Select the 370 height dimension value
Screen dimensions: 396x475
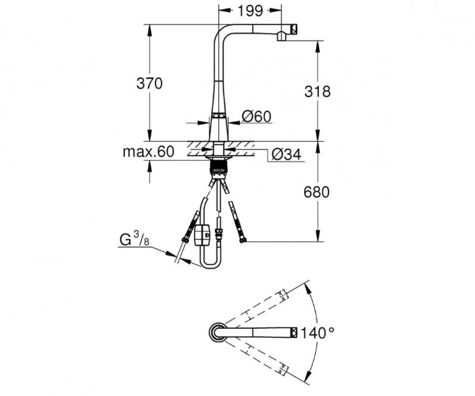tap(149, 83)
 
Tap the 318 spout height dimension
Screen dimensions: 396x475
tap(316, 91)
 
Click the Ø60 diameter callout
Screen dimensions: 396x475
tap(257, 117)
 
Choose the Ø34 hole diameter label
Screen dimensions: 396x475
tap(287, 155)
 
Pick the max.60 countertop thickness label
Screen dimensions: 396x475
tap(148, 152)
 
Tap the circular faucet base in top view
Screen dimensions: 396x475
tap(216, 332)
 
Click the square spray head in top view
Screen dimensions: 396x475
tap(294, 332)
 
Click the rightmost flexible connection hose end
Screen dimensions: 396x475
tap(242, 239)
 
